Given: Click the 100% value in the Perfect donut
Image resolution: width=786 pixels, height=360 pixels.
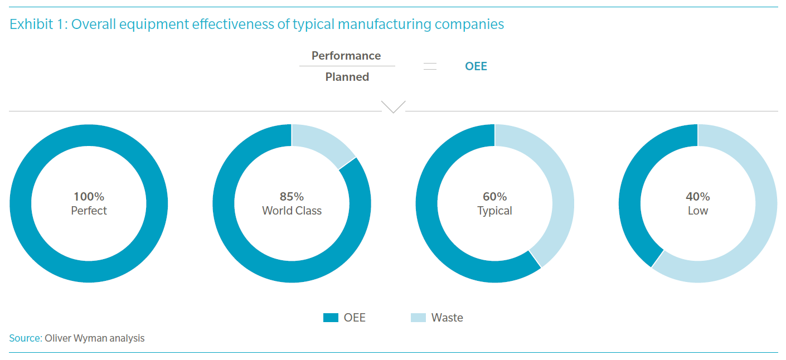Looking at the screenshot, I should click(89, 197).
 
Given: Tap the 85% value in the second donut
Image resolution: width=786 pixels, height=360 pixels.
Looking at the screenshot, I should click(292, 197).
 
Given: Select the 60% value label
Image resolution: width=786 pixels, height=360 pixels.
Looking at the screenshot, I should click(494, 197).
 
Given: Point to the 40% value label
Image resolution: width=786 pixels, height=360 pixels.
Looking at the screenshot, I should click(697, 197).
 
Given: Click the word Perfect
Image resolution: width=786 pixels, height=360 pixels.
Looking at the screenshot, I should click(89, 211).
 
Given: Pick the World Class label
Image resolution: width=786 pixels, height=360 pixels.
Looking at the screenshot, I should click(292, 211).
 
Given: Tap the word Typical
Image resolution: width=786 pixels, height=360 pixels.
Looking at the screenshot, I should click(494, 211).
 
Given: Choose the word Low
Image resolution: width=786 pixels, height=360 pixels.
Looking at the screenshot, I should click(697, 211).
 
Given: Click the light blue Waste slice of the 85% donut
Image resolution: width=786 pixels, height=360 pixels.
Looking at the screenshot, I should click(320, 142).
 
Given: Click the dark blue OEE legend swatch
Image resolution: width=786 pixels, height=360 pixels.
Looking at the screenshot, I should click(331, 318).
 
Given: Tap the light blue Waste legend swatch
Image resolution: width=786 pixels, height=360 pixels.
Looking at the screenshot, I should click(418, 318).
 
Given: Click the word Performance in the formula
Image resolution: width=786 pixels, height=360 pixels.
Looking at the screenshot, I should click(346, 56).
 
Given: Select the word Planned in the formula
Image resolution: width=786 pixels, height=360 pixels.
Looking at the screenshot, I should click(347, 77).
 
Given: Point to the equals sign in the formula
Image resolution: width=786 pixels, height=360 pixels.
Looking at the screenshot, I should click(430, 66).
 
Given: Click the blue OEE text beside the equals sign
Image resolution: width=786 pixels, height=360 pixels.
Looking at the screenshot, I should click(476, 66).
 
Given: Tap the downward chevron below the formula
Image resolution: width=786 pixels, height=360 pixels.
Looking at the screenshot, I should click(393, 106).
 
